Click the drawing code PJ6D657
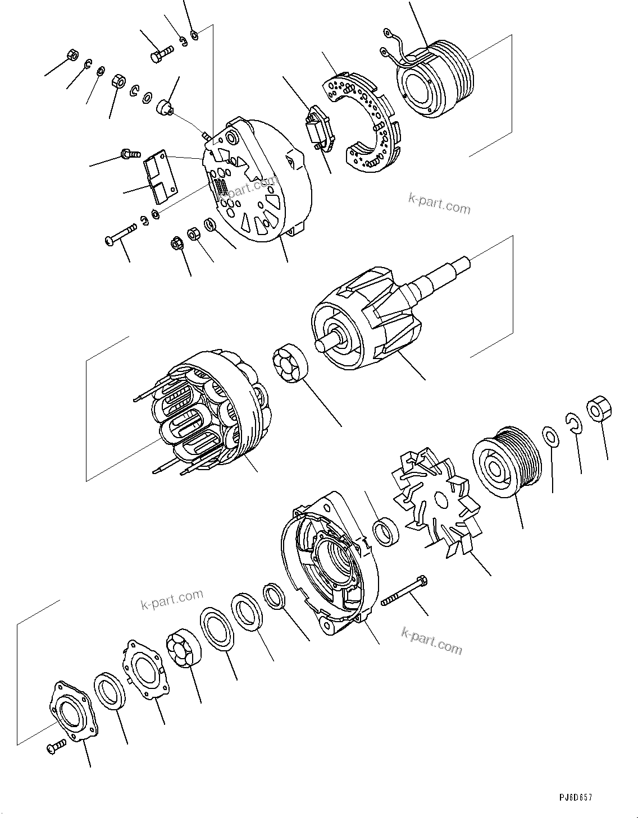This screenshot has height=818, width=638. tap(575, 797)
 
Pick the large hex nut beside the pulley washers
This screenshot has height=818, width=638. tap(598, 409)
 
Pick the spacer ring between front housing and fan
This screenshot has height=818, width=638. tap(386, 532)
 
